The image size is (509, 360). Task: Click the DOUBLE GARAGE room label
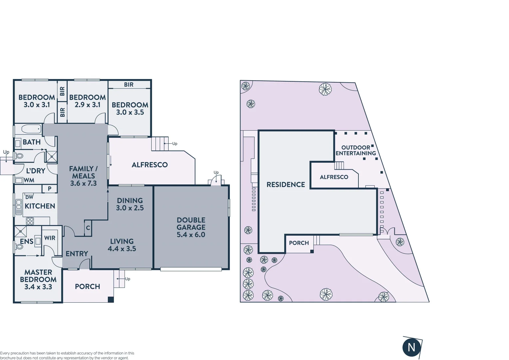coord(191,224)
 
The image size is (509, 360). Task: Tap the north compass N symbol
coord(411,347)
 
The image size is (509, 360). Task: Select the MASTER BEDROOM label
coord(38,276)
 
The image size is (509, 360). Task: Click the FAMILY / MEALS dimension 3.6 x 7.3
coord(83,183)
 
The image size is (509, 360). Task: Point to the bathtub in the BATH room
coord(31,129)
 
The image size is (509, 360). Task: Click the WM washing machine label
coord(29,180)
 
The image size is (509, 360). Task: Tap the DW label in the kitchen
coord(29,197)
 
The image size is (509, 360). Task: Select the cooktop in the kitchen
coord(30,221)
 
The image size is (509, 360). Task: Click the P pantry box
coord(50,189)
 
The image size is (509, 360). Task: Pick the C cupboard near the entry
coord(88,228)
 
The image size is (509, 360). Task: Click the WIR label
coord(50,238)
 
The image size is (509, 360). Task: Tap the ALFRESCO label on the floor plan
coord(150,165)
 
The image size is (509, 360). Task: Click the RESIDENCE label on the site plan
coord(285,185)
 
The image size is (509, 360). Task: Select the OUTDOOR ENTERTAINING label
coord(355,150)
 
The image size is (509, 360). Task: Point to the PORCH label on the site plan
coord(299,243)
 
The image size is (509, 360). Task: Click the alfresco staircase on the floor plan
coord(158,144)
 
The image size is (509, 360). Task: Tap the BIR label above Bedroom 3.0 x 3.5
coord(129,85)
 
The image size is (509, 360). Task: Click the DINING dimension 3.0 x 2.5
coord(130,208)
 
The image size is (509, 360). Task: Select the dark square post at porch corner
coord(111,299)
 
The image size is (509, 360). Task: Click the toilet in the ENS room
coord(19,247)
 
